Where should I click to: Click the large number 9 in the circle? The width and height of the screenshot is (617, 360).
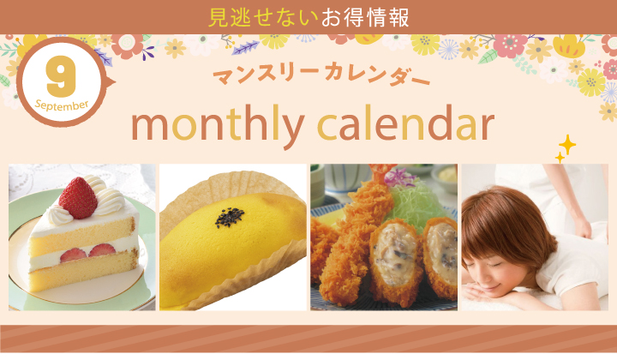tap(61, 76)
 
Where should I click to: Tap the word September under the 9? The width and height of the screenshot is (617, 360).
tap(62, 105)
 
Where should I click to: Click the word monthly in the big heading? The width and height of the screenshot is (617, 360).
tap(218, 125)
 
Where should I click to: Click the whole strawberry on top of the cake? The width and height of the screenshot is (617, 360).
tap(78, 198)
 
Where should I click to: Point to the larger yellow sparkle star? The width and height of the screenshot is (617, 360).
tap(567, 145)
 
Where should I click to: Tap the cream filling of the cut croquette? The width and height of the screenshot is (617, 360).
tap(395, 253)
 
